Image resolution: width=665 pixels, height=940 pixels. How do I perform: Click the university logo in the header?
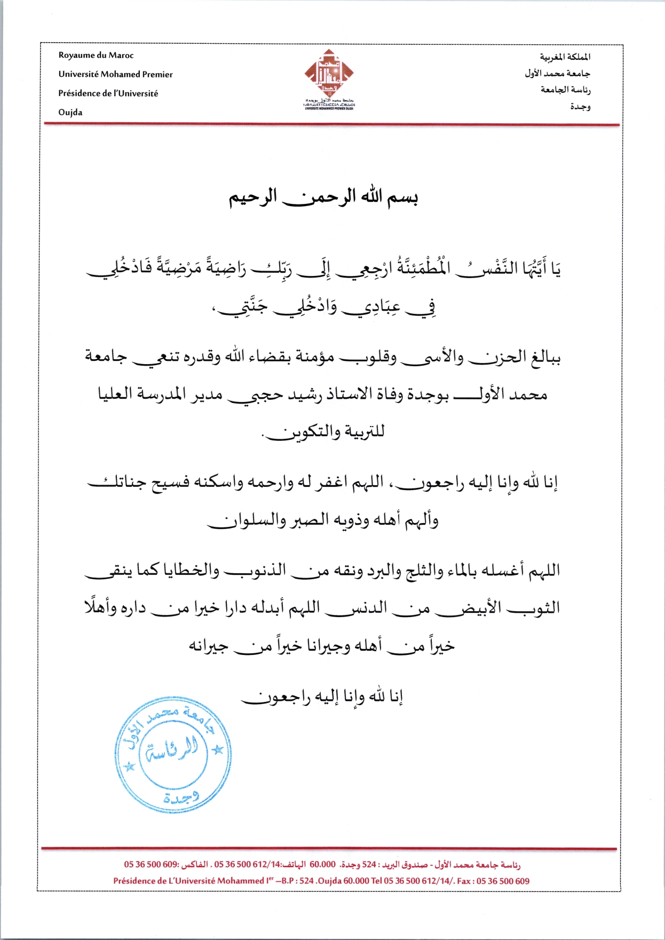(x=329, y=78)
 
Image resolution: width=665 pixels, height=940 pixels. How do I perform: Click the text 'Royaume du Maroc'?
(x=96, y=56)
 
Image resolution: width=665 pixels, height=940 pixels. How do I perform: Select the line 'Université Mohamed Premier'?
(x=115, y=74)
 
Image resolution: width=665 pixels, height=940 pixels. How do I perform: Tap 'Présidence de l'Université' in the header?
(x=108, y=93)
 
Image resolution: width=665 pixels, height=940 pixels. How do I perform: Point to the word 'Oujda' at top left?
(x=70, y=113)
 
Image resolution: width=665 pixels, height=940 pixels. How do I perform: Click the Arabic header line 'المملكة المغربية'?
(x=565, y=57)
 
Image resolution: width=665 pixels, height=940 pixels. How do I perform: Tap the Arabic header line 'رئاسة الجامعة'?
(x=565, y=90)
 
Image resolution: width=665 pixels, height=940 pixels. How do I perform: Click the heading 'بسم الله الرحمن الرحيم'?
(x=323, y=197)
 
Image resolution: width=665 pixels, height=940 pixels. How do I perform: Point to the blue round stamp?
(x=173, y=754)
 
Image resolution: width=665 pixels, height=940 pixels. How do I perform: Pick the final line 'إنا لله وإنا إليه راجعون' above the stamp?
(x=322, y=697)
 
